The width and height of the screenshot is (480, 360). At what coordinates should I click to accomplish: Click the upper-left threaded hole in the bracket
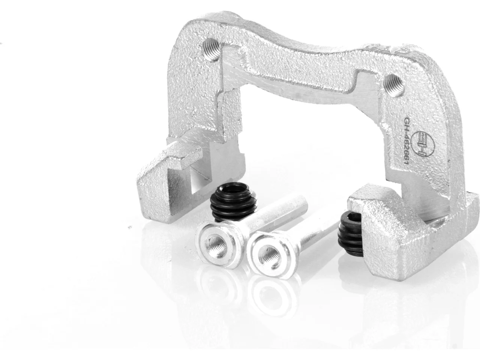click(211, 50)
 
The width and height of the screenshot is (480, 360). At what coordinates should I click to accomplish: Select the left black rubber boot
click(233, 201)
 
